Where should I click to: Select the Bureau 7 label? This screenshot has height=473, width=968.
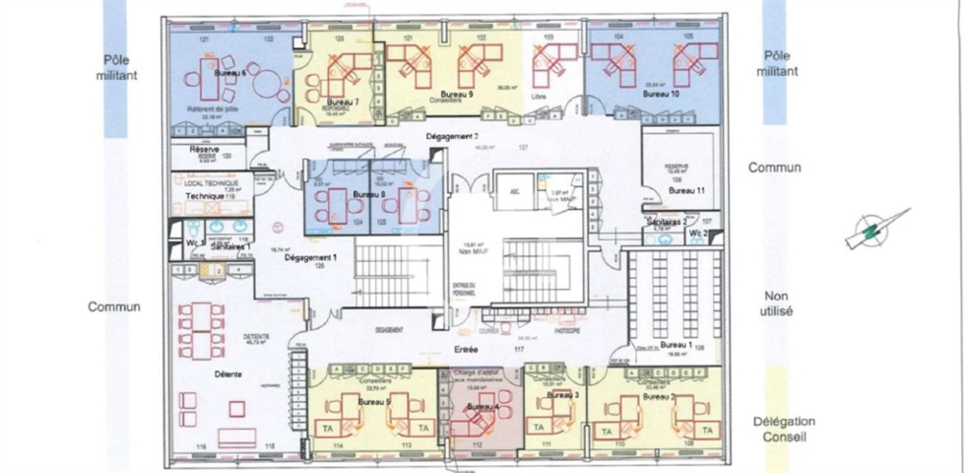[x=341, y=101]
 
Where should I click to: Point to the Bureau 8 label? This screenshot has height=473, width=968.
[x=370, y=195]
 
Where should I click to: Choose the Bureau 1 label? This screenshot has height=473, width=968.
[x=678, y=345]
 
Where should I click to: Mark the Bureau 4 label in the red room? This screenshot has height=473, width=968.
[x=483, y=406]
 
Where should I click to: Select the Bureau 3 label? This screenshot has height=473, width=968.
[x=561, y=394]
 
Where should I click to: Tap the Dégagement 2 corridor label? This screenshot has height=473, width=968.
[x=452, y=136]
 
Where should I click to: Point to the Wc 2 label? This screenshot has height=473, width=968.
[x=697, y=233]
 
